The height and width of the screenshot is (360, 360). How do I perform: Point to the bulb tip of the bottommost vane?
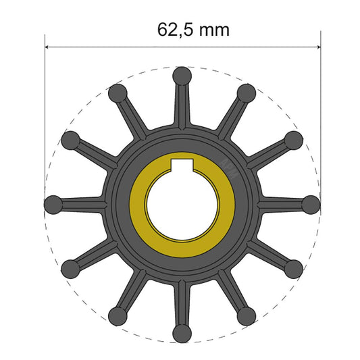[x=182, y=332]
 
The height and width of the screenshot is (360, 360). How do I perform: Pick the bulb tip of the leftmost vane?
[x=53, y=203]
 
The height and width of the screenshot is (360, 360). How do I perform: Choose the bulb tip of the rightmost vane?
[x=311, y=203]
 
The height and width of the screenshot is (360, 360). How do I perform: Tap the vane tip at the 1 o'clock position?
[x=247, y=92]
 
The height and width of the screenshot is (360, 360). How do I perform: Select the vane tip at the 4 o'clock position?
[x=294, y=268]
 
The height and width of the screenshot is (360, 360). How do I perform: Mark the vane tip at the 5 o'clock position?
[x=247, y=315]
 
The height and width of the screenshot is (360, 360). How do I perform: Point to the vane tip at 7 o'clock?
[x=118, y=315]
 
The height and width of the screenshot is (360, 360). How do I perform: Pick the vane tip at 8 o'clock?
[x=71, y=268]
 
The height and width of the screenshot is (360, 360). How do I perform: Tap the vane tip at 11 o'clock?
[x=118, y=92]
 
